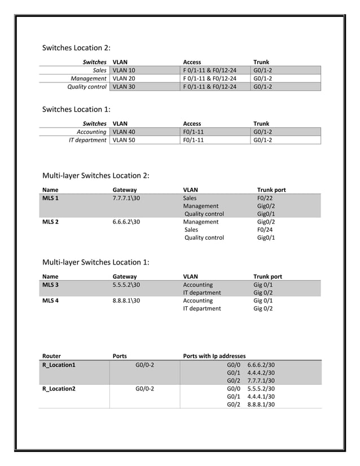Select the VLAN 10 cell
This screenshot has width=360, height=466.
(x=124, y=71)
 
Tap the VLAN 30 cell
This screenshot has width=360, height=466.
(x=124, y=87)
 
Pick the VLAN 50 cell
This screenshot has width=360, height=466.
(x=124, y=140)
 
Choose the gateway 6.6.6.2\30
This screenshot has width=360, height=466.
(x=126, y=222)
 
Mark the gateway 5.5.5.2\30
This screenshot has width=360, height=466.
(x=126, y=285)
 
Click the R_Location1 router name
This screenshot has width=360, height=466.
(x=59, y=364)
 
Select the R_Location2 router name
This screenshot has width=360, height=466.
(x=59, y=388)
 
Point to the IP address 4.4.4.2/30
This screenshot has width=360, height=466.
(x=261, y=372)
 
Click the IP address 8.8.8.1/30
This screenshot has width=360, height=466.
(x=261, y=404)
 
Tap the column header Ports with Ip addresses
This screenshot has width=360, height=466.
(x=214, y=356)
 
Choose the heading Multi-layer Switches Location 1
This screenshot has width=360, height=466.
(x=96, y=262)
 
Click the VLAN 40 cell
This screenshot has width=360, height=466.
(x=124, y=131)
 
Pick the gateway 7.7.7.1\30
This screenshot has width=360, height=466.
(x=126, y=198)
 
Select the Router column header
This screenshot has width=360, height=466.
(x=52, y=356)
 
